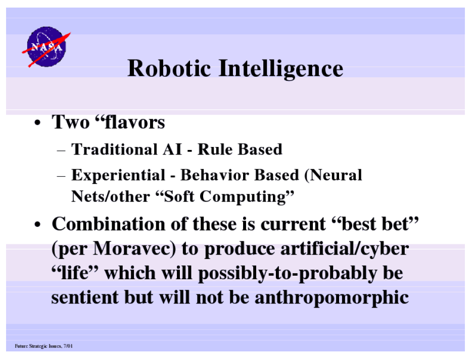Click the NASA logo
(46, 47)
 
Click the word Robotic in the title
(169, 69)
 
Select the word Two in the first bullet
(71, 122)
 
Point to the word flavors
(134, 122)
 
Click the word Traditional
(114, 149)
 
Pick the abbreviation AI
(172, 149)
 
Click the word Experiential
(118, 176)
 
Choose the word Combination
(109, 224)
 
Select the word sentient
(85, 297)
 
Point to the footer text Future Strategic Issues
(38, 346)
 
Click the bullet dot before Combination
(37, 225)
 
